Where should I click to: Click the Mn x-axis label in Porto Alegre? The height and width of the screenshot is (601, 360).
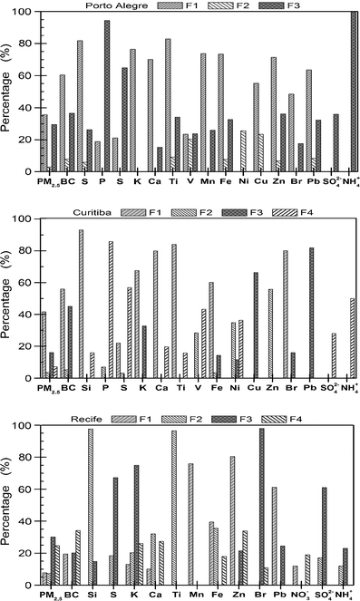click(x=206, y=182)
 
